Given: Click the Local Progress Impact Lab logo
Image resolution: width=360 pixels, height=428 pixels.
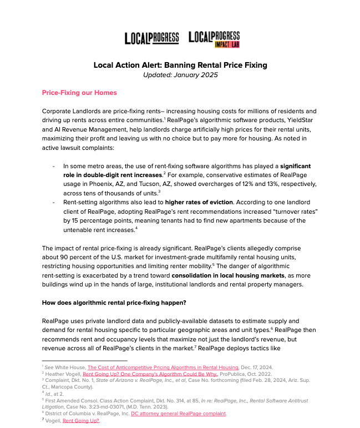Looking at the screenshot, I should point(214,39).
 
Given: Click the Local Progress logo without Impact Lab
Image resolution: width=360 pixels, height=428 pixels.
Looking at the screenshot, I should point(151,38).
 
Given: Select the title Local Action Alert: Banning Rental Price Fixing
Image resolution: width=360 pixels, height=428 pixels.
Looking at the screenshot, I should point(180,65).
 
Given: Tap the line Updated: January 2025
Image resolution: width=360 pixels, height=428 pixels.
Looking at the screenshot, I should point(180,75).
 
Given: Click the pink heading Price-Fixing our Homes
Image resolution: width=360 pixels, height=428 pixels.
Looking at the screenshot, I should point(79,92).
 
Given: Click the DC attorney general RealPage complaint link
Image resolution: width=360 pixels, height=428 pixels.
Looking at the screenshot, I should point(178,414).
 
